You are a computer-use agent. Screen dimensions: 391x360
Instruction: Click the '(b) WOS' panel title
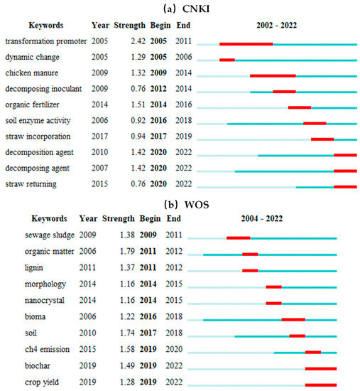click(x=180, y=204)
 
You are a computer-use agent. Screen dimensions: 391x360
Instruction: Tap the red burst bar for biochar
click(x=320, y=368)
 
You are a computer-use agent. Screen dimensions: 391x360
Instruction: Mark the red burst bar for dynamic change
click(x=227, y=60)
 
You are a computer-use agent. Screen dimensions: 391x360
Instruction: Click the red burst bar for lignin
click(x=250, y=270)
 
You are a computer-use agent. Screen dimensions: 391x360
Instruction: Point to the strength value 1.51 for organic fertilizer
click(x=124, y=107)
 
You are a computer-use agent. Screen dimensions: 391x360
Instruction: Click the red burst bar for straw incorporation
click(x=322, y=138)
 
